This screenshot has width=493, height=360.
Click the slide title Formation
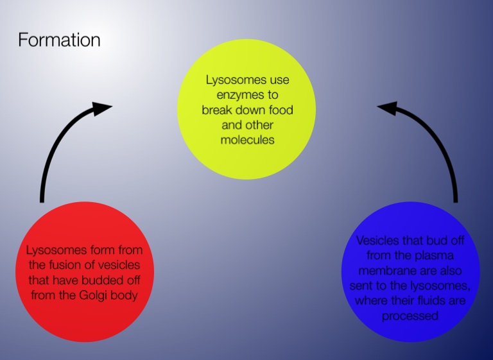[x=59, y=40]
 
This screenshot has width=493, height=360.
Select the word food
[x=279, y=110]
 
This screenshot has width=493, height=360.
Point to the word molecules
[x=247, y=139]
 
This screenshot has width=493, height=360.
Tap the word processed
[x=410, y=315]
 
